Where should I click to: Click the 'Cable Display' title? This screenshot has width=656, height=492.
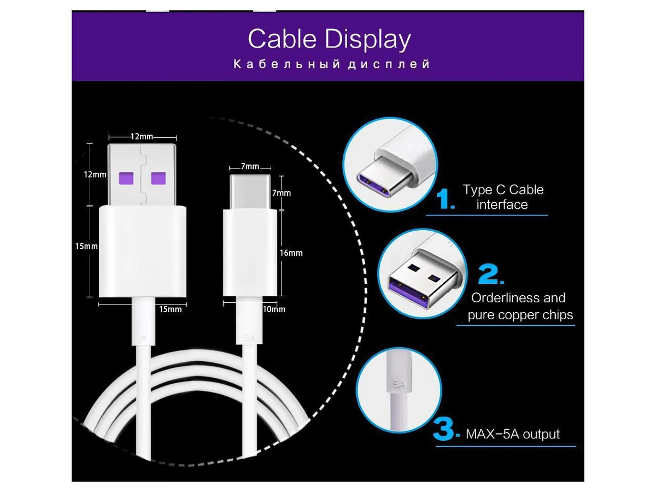(x=329, y=39)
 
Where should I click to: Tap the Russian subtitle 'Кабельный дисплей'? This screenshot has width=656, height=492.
(x=332, y=64)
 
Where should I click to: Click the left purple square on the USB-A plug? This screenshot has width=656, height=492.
(x=126, y=178)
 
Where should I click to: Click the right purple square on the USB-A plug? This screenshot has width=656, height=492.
(x=159, y=178)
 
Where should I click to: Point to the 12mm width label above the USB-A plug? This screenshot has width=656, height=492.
(x=142, y=137)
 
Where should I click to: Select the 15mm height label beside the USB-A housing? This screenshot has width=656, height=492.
(x=86, y=246)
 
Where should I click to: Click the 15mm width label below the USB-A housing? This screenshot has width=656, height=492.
(x=171, y=309)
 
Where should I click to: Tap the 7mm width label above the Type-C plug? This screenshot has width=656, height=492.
(x=250, y=166)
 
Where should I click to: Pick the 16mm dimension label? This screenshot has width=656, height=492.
(x=291, y=253)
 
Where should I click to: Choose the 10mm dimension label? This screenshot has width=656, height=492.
(x=274, y=309)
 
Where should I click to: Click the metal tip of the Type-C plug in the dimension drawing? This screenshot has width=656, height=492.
(x=250, y=191)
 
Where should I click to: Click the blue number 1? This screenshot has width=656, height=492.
(x=446, y=198)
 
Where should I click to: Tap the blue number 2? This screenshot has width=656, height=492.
(x=491, y=274)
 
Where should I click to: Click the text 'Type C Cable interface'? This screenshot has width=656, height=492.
(x=503, y=197)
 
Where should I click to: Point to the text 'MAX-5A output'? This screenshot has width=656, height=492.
(x=513, y=434)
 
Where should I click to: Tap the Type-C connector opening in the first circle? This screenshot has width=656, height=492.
(x=373, y=183)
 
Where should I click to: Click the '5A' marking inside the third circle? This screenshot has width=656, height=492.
(x=399, y=384)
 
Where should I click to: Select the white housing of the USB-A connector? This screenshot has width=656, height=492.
(x=143, y=251)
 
